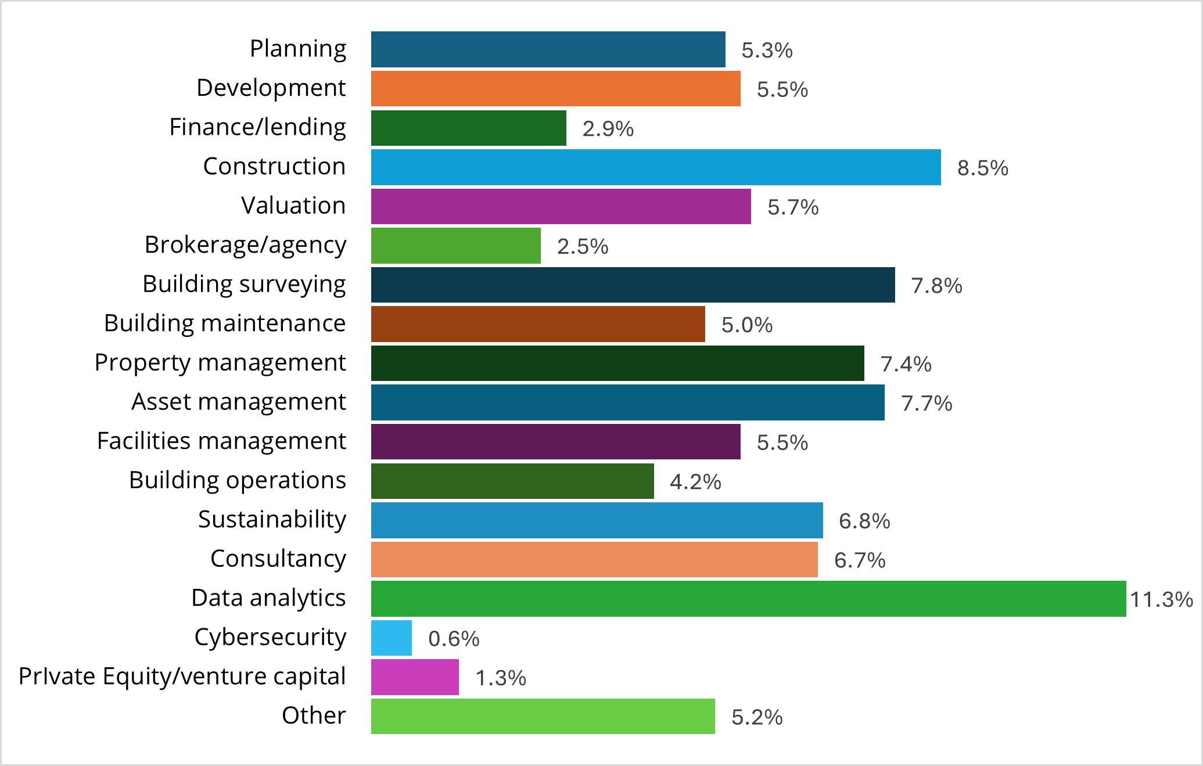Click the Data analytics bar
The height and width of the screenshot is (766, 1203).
(748, 599)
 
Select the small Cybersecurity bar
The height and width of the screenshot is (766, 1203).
(392, 638)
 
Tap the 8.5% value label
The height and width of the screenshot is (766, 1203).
(982, 168)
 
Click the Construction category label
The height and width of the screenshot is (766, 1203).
(274, 167)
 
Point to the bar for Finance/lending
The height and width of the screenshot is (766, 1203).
(468, 128)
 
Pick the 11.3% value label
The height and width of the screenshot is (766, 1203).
(1161, 599)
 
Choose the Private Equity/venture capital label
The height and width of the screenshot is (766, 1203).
(182, 677)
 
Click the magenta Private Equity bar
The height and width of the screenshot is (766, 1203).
(415, 677)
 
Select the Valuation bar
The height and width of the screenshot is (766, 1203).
(561, 206)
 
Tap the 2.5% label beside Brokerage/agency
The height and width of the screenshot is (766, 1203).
(582, 247)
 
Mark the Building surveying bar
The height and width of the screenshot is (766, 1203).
(633, 285)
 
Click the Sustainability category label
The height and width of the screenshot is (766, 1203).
(272, 520)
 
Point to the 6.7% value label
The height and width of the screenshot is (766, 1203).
(859, 560)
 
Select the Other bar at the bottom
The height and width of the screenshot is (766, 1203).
(543, 716)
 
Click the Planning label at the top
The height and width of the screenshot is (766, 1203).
(297, 49)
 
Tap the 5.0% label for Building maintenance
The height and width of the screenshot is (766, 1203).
(746, 325)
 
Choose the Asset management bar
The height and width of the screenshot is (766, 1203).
(627, 402)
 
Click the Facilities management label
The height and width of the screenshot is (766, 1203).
(221, 441)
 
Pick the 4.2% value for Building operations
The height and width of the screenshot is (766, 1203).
(695, 482)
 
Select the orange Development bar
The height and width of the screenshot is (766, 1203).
(555, 88)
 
